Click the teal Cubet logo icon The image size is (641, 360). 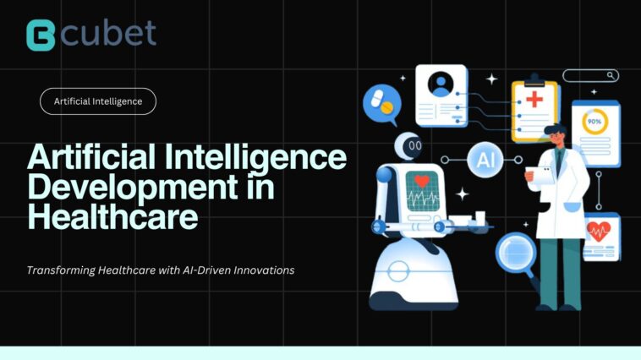pos(40,35)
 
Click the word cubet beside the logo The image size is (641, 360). pos(107,33)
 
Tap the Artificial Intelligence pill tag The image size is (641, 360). pos(98,101)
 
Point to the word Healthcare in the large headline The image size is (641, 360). pos(112,216)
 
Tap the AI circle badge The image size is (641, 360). pos(485,160)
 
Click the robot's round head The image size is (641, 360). pos(414,145)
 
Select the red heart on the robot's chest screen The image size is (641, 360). pos(422,181)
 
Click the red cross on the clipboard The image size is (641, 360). pos(535,101)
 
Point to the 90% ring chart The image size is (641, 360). pos(595,121)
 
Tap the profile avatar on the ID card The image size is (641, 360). pos(440,84)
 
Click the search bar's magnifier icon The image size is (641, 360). pos(612,75)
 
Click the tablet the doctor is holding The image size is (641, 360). pos(540,175)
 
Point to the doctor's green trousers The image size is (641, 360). pos(559,270)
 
